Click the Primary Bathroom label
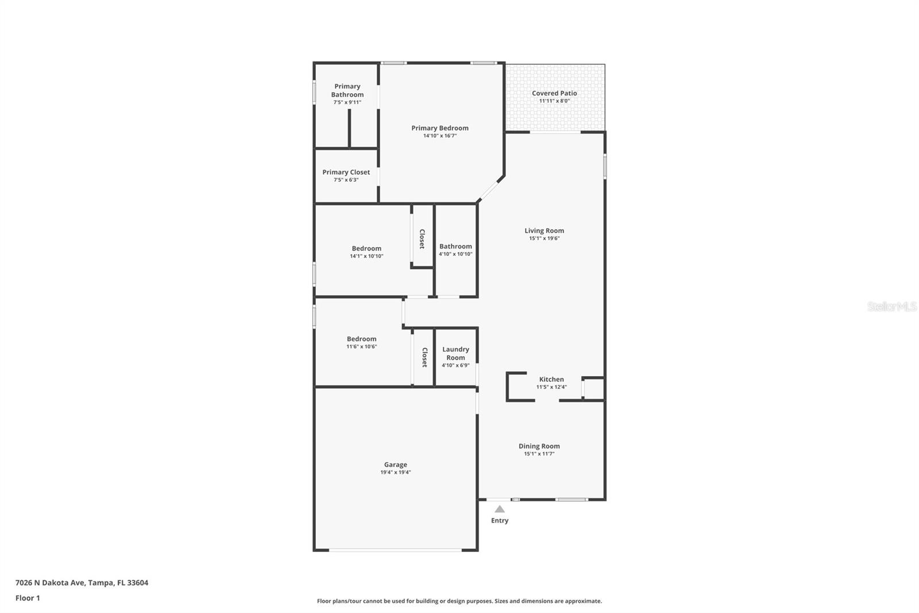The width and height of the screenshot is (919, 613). pos(347,90)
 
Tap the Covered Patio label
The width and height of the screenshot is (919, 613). pos(554,93)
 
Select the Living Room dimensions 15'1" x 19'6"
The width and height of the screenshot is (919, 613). pos(544,238)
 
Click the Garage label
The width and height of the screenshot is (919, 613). pos(395,465)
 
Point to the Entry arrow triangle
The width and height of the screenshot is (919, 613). pos(500,509)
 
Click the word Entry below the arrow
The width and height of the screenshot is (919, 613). pos(500,520)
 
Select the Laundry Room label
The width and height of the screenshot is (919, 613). pos(455,353)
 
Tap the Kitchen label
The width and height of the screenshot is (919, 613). pos(551,380)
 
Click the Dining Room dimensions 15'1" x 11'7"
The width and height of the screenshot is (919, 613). pos(539,454)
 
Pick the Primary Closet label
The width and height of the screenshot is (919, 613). pos(346,172)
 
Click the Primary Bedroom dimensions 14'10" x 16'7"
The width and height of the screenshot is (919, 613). pos(439,136)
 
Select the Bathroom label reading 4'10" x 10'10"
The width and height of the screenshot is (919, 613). pos(455,246)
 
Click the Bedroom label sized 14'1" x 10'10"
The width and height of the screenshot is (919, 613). pos(366,248)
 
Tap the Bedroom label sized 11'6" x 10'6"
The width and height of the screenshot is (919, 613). pos(361,339)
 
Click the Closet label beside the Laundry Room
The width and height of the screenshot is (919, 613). pos(424,357)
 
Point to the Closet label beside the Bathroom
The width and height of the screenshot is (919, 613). pos(422,239)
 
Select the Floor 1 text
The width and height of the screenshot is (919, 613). pos(28,598)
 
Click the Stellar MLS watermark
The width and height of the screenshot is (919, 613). pos(891,306)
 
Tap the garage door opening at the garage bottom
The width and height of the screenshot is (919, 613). pos(395,550)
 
